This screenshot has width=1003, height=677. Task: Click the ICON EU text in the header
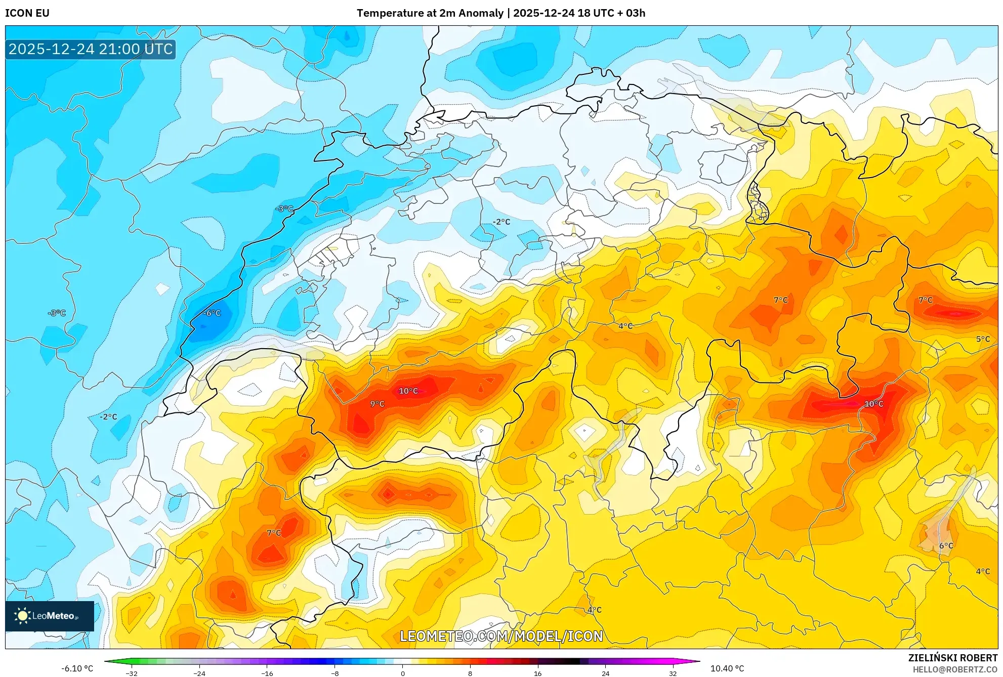(27, 13)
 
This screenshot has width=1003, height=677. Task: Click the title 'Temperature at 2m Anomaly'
(430, 13)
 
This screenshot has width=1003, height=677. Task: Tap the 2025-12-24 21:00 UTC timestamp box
(91, 49)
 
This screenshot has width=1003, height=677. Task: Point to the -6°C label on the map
(212, 313)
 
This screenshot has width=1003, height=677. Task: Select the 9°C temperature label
(377, 404)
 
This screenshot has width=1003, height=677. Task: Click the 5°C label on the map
(983, 339)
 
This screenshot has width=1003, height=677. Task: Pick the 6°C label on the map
(946, 545)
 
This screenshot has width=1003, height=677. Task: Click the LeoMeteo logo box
(50, 616)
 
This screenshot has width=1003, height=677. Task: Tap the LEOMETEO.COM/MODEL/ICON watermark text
(501, 636)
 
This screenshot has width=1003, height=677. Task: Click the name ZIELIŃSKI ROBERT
(952, 658)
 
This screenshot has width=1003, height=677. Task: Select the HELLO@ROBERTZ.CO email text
(954, 669)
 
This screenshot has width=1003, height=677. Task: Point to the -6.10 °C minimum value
(77, 668)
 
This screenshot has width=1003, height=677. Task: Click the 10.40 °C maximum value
(727, 668)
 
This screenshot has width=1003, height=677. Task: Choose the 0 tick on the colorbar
(403, 673)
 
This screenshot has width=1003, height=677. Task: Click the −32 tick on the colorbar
(132, 673)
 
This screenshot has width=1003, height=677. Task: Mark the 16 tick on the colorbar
(537, 673)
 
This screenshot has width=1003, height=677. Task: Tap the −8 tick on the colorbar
(335, 673)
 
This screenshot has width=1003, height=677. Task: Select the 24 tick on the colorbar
(605, 673)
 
